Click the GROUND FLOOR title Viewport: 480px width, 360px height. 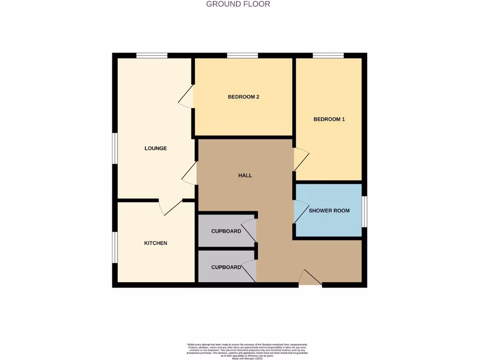click(x=238, y=4)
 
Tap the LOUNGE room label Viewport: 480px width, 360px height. click(x=156, y=149)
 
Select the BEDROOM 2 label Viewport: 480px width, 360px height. click(x=243, y=97)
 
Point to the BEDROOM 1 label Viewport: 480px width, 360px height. click(x=329, y=119)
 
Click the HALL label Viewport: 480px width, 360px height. click(x=245, y=175)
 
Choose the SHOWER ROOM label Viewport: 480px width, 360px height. click(x=329, y=210)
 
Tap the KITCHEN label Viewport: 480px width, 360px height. click(x=156, y=243)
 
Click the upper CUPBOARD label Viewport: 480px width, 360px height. click(x=226, y=231)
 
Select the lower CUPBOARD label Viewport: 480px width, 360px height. click(x=226, y=267)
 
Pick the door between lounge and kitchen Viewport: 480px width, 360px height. click(x=171, y=207)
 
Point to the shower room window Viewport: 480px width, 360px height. click(x=364, y=210)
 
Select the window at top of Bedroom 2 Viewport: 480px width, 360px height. click(x=242, y=56)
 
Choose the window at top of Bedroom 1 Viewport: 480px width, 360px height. click(x=328, y=56)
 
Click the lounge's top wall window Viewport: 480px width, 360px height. click(x=152, y=56)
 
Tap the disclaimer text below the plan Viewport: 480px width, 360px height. click(x=240, y=351)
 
